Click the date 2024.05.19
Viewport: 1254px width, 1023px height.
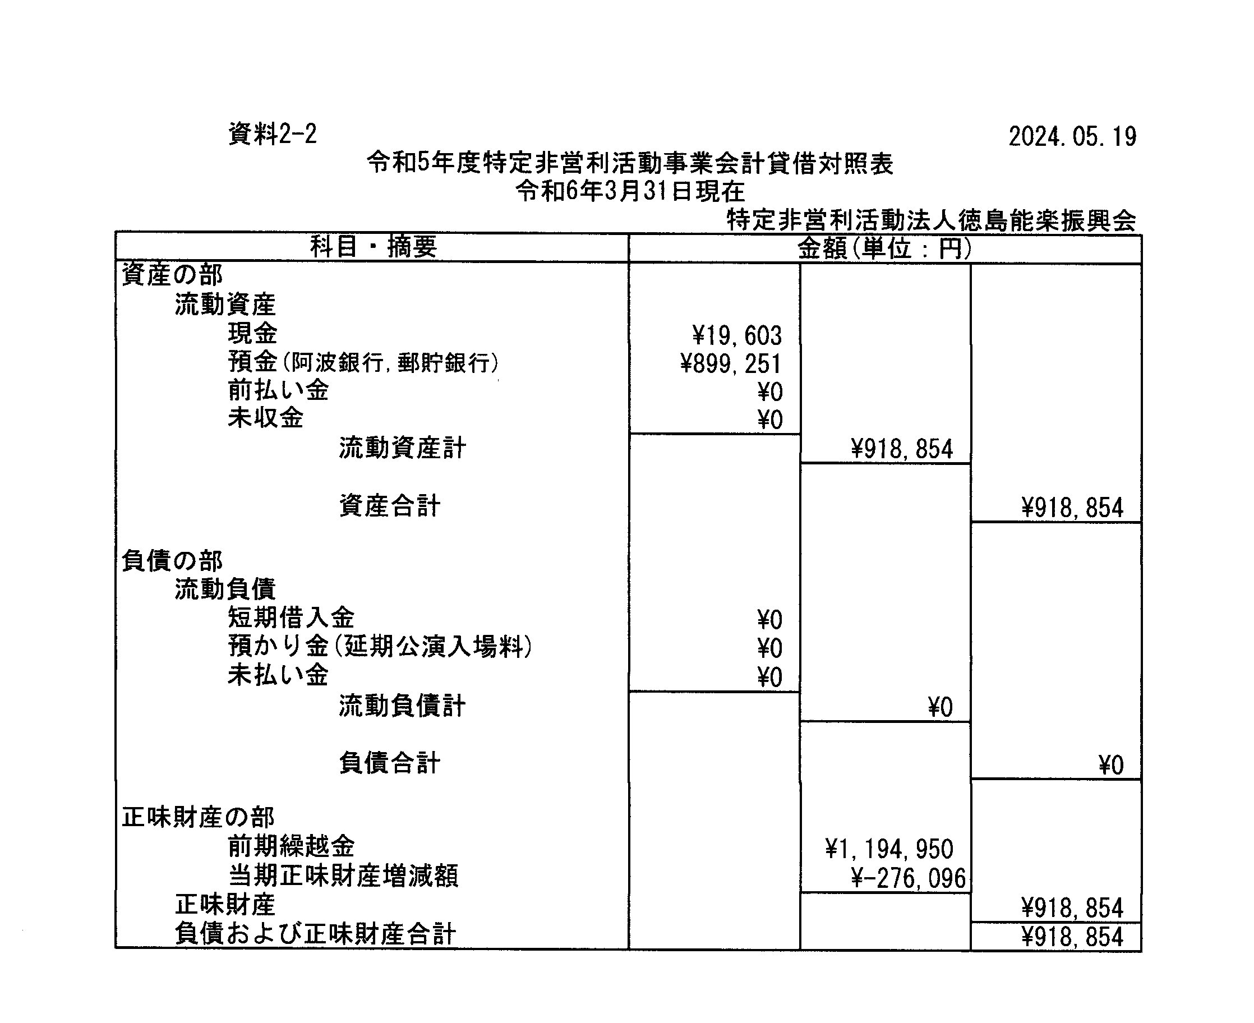coord(1072,137)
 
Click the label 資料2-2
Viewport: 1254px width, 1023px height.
coord(272,135)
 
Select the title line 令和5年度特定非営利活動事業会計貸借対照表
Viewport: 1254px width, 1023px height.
coord(630,163)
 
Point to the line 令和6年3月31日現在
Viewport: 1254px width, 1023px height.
coord(630,191)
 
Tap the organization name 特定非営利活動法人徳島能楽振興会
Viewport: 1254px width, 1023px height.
coord(931,220)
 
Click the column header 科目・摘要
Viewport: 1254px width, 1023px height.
coord(374,246)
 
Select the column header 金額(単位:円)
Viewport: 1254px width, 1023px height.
coord(884,248)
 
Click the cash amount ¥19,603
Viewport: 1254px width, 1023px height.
coord(736,336)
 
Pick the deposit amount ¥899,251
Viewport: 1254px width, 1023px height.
coord(731,364)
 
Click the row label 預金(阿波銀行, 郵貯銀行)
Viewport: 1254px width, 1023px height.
coord(363,362)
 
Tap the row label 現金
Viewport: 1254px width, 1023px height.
coord(252,334)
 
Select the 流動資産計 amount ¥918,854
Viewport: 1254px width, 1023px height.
coord(902,450)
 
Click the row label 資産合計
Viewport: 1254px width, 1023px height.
coord(390,505)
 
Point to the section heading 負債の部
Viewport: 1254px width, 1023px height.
coord(172,561)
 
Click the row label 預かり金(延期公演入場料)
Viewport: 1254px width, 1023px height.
coord(380,647)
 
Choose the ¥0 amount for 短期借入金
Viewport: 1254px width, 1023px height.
coord(769,620)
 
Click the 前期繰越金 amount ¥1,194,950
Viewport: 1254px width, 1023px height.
coord(889,849)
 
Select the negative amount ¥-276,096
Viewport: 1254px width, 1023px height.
coord(908,878)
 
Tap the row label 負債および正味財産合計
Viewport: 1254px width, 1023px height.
coord(315,934)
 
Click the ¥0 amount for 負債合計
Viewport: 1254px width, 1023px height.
coord(1111,766)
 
